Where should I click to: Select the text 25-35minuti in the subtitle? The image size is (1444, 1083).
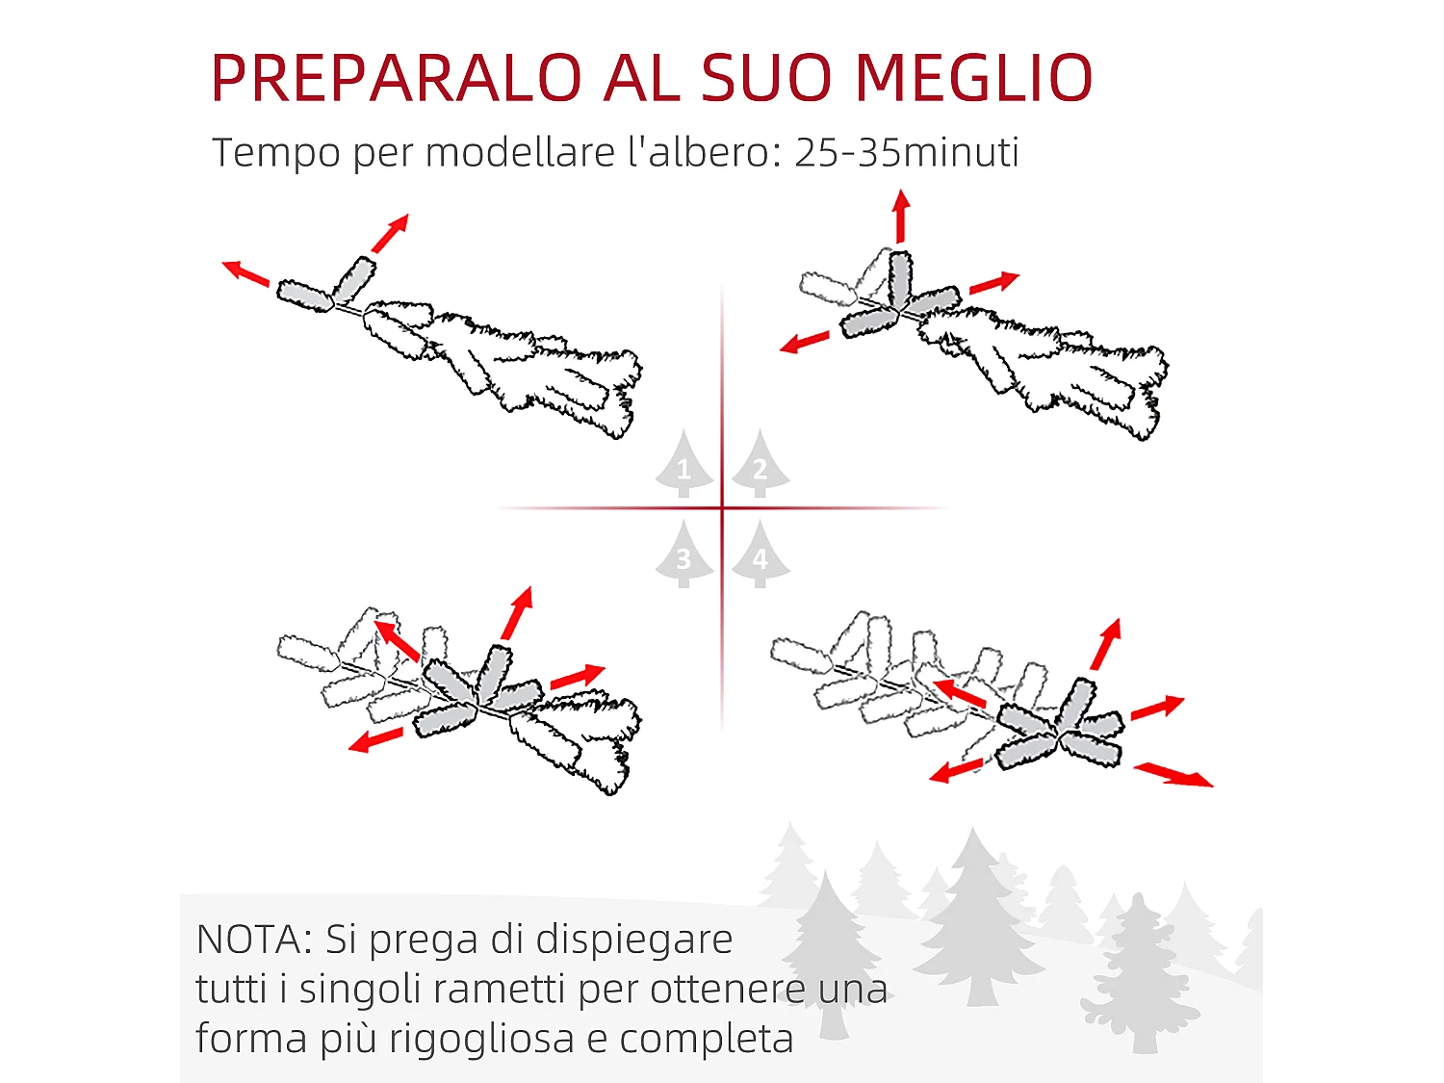(906, 152)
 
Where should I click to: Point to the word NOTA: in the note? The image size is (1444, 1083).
(254, 940)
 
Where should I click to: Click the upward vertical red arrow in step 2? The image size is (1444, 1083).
(901, 216)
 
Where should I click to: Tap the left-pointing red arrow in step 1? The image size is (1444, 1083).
(245, 273)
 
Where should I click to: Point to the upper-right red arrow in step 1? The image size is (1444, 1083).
(391, 233)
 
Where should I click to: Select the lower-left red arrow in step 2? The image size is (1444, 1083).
(804, 343)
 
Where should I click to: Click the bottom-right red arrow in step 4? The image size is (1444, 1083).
(1173, 774)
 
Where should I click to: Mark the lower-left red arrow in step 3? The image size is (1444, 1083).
(375, 740)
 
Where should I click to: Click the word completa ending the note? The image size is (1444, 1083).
(707, 1039)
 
